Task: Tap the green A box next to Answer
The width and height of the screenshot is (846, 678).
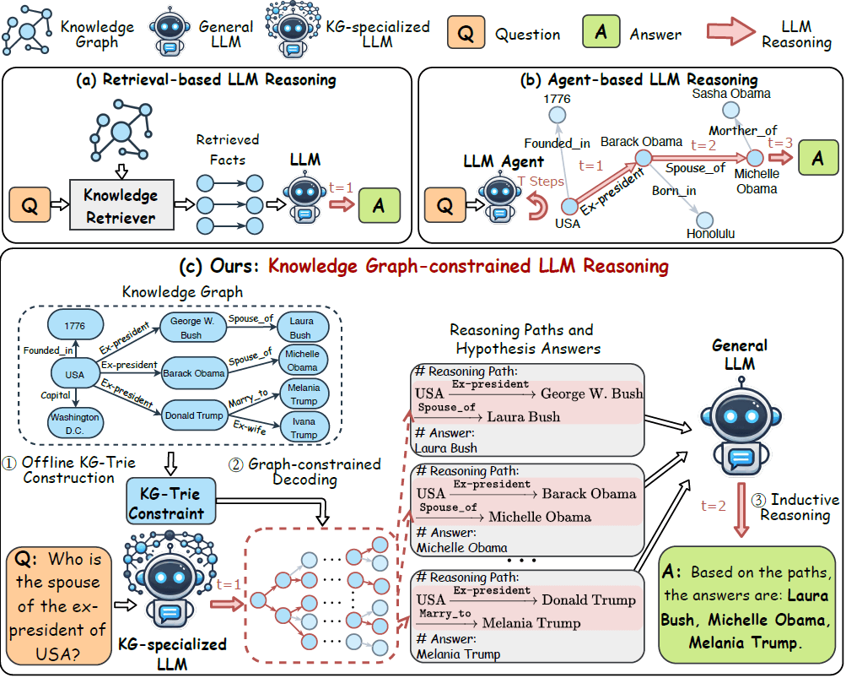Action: [601, 34]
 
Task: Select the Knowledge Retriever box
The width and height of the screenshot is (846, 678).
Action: [121, 206]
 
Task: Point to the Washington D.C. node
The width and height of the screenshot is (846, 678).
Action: [74, 423]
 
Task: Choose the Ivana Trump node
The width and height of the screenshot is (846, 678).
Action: [304, 428]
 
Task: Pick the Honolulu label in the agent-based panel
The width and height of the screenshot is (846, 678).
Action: [711, 233]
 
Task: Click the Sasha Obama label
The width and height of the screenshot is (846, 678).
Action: [730, 94]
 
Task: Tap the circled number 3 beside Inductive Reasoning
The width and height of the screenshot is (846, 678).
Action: [759, 499]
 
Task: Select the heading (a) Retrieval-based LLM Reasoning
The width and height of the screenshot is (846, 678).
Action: [206, 80]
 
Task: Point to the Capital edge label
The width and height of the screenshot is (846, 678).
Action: [56, 394]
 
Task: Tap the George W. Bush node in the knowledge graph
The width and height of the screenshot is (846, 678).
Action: [192, 328]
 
